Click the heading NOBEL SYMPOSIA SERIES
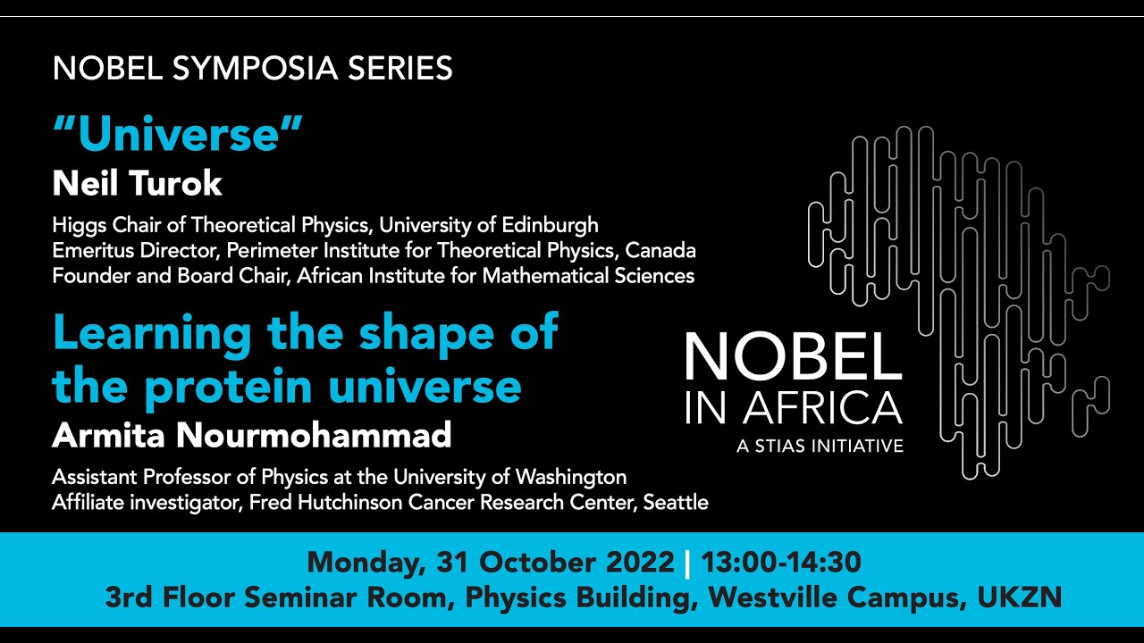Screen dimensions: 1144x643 tap(252, 69)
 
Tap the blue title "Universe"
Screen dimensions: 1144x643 tap(178, 134)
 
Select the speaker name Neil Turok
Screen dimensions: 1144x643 tap(137, 183)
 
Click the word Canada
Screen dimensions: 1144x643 tap(660, 251)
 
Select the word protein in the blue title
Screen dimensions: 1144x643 tap(228, 386)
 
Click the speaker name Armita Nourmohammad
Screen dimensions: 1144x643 tap(252, 435)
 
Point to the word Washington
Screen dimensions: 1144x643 tap(571, 478)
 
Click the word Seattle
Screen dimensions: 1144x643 tap(676, 503)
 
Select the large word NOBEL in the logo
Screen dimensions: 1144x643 tap(793, 356)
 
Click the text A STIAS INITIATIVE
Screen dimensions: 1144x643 tap(820, 446)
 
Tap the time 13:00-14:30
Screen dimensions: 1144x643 tap(781, 562)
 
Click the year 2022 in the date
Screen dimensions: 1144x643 tap(640, 562)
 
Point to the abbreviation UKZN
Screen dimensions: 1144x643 tap(1020, 597)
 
